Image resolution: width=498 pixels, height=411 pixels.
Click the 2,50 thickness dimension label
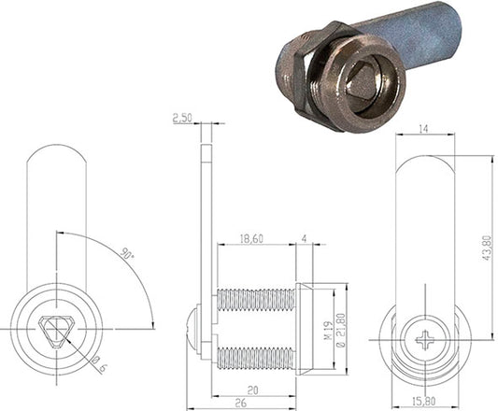tap(182, 118)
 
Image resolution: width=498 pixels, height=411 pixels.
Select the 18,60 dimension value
tap(251, 238)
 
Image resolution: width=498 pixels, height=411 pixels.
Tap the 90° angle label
tap(127, 254)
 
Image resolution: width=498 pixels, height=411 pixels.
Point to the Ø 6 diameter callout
tap(99, 365)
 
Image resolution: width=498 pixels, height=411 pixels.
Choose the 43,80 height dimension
tap(487, 248)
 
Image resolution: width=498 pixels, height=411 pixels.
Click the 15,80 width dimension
tap(424, 402)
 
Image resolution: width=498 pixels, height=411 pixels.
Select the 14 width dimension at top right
tap(423, 129)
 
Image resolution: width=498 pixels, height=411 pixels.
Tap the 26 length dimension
tap(240, 403)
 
